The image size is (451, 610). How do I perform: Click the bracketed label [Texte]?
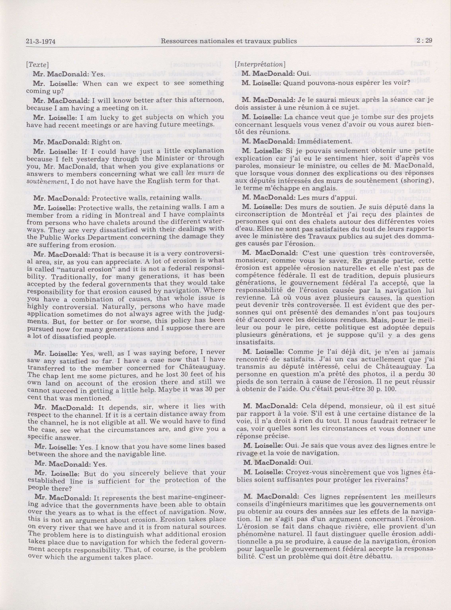point(38,65)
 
